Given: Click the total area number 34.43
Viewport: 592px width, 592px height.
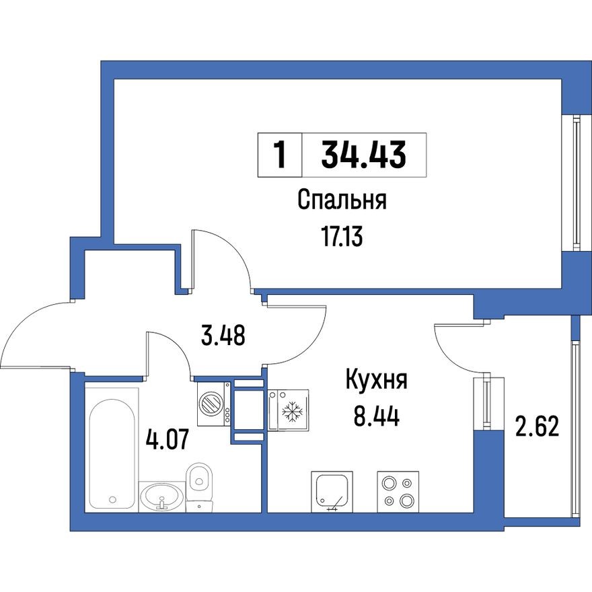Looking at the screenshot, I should (x=364, y=155).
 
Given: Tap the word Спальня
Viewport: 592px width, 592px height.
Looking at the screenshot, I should (x=342, y=200).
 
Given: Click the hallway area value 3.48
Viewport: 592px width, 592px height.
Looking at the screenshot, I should (x=223, y=334).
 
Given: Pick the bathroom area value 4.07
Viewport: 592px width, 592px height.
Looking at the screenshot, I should (x=167, y=441).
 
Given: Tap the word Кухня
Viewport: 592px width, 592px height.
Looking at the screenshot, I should (x=377, y=381).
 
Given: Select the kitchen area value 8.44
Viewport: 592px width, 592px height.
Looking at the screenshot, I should (x=377, y=417).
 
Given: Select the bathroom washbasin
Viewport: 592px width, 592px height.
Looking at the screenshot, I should (x=161, y=496).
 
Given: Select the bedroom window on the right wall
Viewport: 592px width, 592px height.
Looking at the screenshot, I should (x=577, y=182).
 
